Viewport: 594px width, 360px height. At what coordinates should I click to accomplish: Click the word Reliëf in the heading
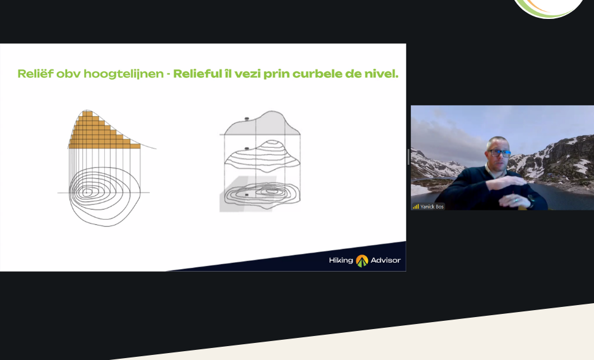pos(35,73)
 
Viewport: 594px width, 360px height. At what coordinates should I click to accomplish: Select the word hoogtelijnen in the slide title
pos(123,74)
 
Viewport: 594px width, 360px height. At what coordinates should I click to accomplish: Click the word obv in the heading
pos(68,74)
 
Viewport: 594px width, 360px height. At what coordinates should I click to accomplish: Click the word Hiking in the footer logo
pos(341,260)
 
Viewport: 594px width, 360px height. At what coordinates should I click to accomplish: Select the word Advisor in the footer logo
pos(385,260)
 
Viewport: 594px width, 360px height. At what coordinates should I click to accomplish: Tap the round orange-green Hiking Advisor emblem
pos(362,260)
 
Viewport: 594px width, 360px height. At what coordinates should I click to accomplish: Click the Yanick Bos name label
pos(432,207)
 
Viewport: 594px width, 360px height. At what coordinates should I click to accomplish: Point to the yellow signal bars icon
pos(416,207)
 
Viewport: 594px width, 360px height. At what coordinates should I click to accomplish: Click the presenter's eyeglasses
pos(500,153)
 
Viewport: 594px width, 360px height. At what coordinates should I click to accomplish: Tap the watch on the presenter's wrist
pos(531,201)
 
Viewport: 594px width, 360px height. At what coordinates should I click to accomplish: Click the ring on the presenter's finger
pos(516,200)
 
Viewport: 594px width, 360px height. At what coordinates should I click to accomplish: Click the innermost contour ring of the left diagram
pos(87,192)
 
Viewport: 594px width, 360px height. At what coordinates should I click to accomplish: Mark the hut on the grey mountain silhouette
pos(246,119)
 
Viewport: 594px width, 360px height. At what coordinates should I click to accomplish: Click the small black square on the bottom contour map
pos(246,195)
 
